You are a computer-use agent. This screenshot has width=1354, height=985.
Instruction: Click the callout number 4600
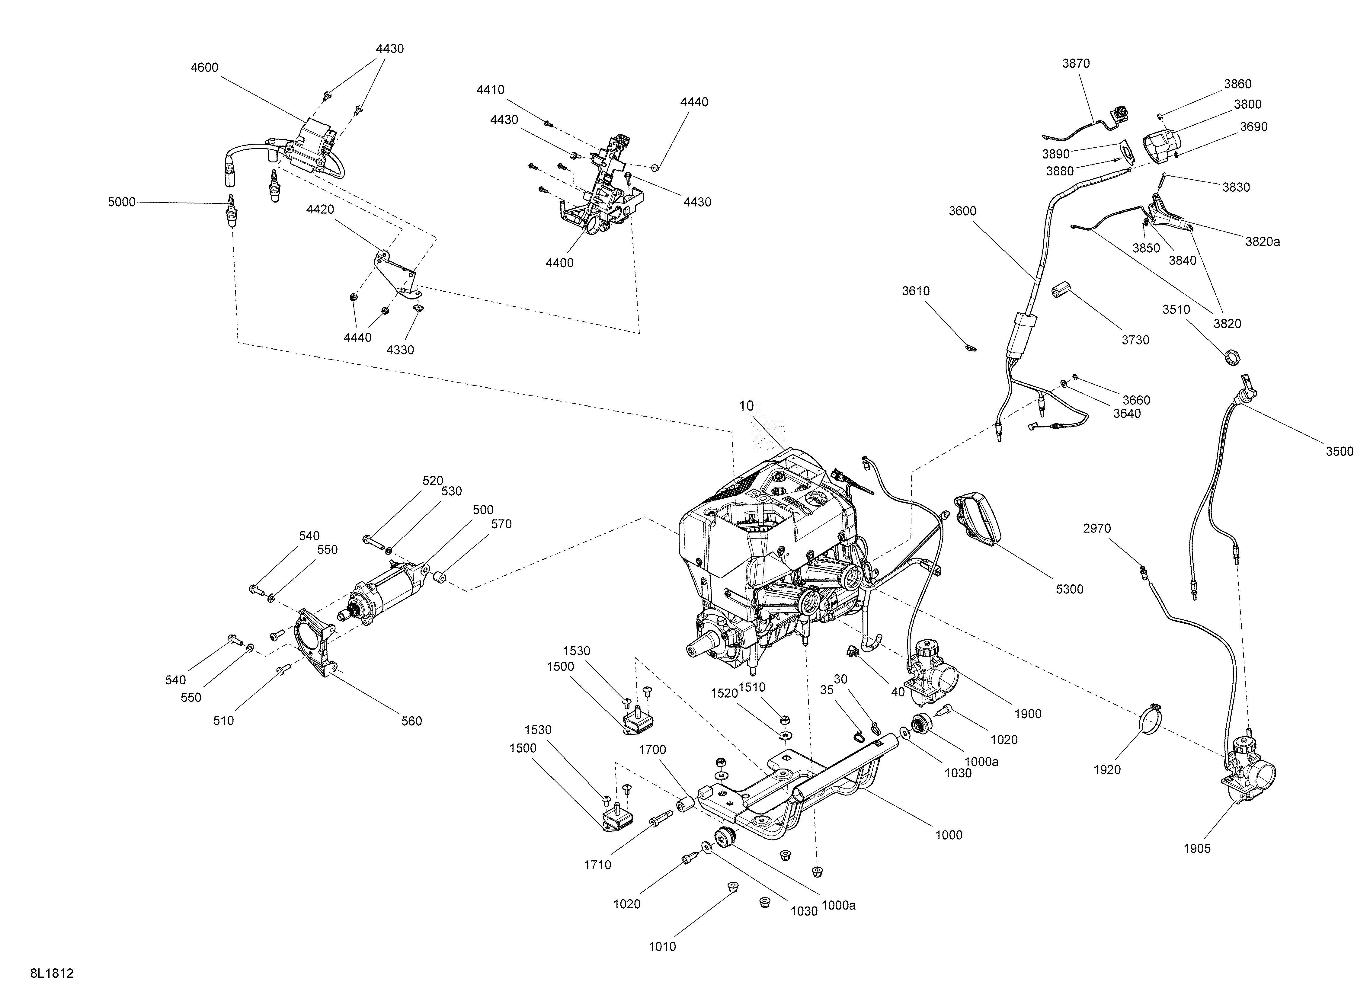[x=204, y=67]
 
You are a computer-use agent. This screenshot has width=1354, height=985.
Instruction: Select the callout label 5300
[x=1069, y=589]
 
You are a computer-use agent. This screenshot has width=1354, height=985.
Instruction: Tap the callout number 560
[x=411, y=721]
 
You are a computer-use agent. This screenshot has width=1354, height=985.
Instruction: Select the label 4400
[x=559, y=263]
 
